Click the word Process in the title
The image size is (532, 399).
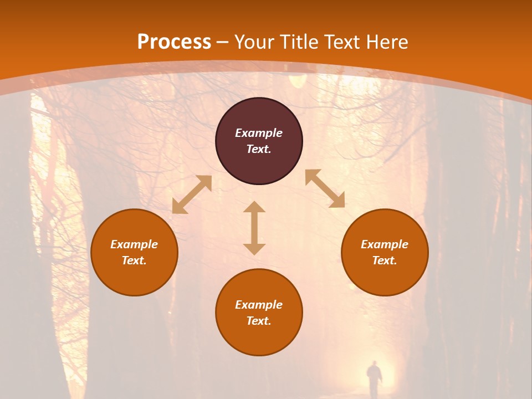click(174, 42)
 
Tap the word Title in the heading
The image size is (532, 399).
click(301, 42)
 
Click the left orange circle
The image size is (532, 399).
click(134, 252)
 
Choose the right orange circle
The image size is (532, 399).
click(385, 252)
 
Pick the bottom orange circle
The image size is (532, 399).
click(259, 312)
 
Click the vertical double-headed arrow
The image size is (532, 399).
click(254, 228)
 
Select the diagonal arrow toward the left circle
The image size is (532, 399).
click(192, 195)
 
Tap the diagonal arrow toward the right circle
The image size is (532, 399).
click(325, 188)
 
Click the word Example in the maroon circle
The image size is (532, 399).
click(259, 133)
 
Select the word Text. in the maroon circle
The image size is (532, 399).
click(259, 149)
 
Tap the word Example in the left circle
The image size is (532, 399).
click(134, 244)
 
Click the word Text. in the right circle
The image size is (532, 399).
click(385, 260)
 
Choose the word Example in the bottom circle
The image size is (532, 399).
click(259, 305)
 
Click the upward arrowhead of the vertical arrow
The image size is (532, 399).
click(254, 207)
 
